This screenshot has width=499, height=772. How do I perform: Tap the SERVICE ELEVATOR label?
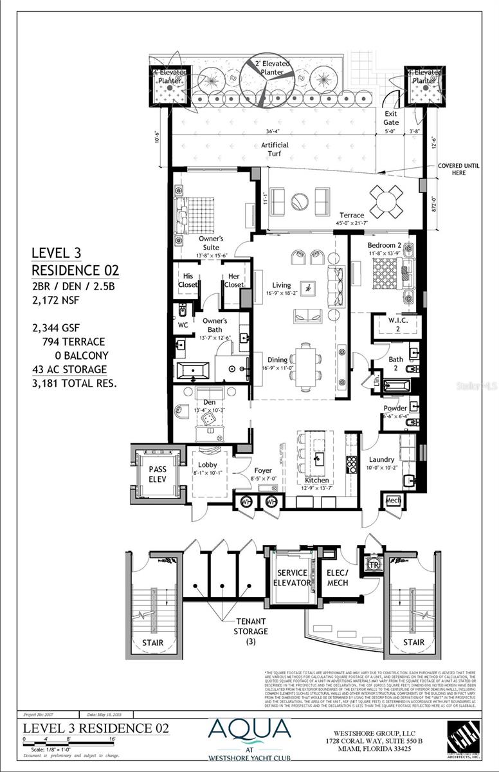pos(293,578)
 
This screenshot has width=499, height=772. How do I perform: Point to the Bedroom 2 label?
pos(385,245)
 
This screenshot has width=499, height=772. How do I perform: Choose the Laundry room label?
pos(381,459)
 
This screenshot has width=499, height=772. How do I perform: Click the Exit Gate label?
pos(391,118)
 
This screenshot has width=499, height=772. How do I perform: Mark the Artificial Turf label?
pos(275,150)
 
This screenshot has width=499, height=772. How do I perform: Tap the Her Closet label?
pos(231,280)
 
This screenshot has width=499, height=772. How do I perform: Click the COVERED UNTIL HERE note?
pos(458,169)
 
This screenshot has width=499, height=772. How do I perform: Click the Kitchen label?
pos(318,481)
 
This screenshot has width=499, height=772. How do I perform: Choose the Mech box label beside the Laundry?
pos(394,501)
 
